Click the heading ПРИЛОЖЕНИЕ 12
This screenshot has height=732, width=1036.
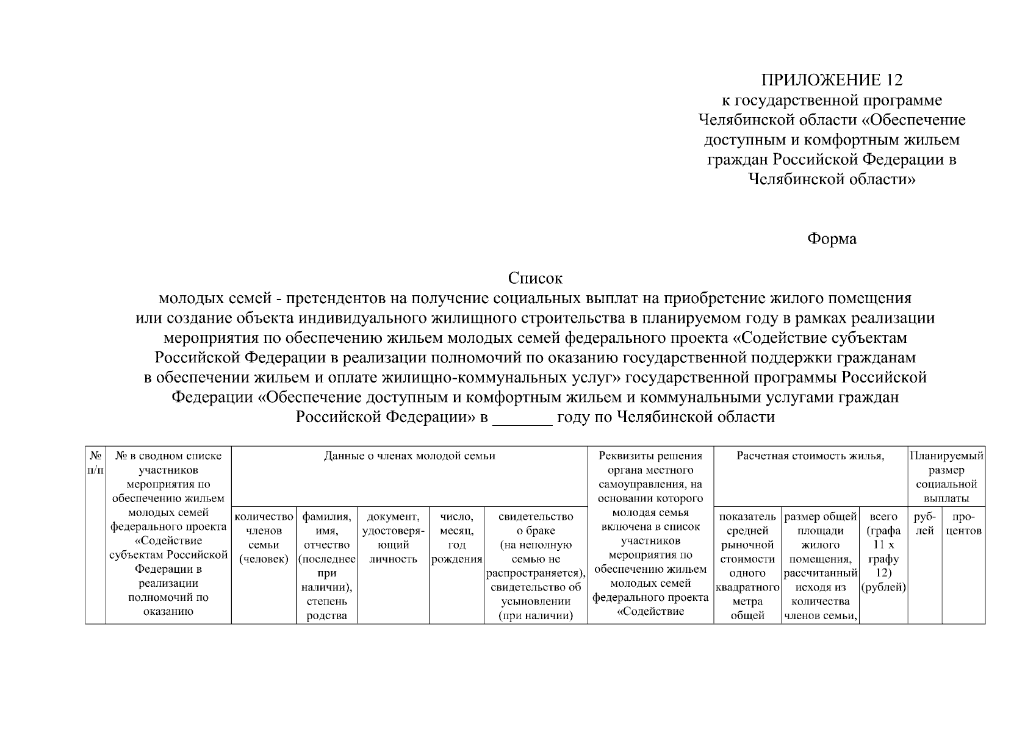832,80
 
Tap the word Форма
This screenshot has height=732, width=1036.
832,239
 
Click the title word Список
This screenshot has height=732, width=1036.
535,279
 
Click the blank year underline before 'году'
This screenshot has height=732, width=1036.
522,418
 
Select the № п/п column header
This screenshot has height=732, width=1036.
95,463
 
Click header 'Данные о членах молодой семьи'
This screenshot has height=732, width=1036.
409,456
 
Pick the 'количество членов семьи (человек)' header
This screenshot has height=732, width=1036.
264,537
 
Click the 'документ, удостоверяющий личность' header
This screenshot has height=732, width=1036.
393,537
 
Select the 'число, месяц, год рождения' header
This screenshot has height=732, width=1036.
456,537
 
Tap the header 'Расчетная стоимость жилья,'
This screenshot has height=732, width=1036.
810,456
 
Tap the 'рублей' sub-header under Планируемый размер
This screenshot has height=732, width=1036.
924,524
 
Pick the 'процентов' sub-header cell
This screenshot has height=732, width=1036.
963,524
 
